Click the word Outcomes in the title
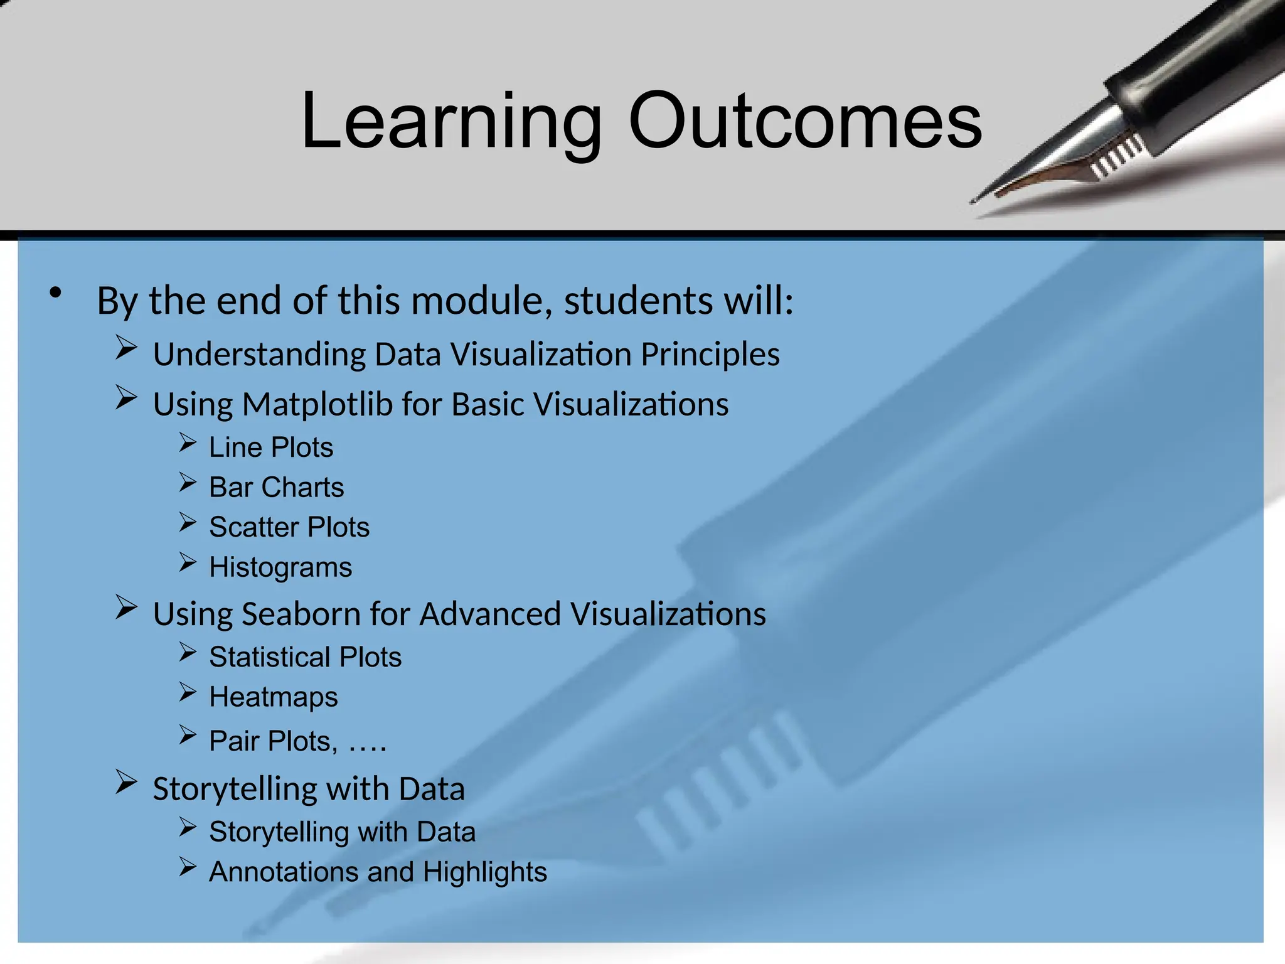[x=805, y=120]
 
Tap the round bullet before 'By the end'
[x=56, y=293]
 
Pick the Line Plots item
[x=270, y=447]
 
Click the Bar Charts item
[x=276, y=488]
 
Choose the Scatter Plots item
[x=289, y=527]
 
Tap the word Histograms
[x=280, y=568]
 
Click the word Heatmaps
[x=273, y=697]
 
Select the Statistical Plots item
[x=305, y=657]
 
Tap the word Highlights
[x=484, y=873]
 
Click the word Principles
[x=710, y=355]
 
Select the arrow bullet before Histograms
[x=188, y=562]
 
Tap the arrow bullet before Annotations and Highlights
[x=188, y=867]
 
